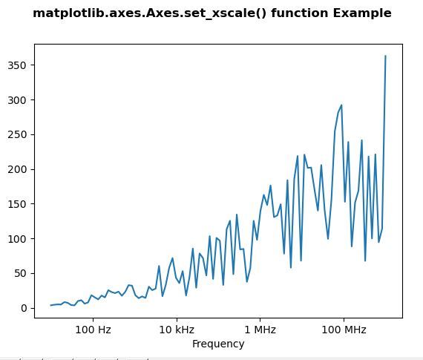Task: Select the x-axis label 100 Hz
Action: click(94, 329)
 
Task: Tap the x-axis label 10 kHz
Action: click(177, 329)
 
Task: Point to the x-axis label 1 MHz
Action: click(260, 329)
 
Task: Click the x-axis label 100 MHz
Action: click(343, 329)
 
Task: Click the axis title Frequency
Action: click(218, 344)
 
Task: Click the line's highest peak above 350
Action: click(385, 56)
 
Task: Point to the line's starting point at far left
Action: click(51, 305)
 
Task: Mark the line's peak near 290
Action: click(341, 105)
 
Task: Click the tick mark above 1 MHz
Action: click(260, 319)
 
